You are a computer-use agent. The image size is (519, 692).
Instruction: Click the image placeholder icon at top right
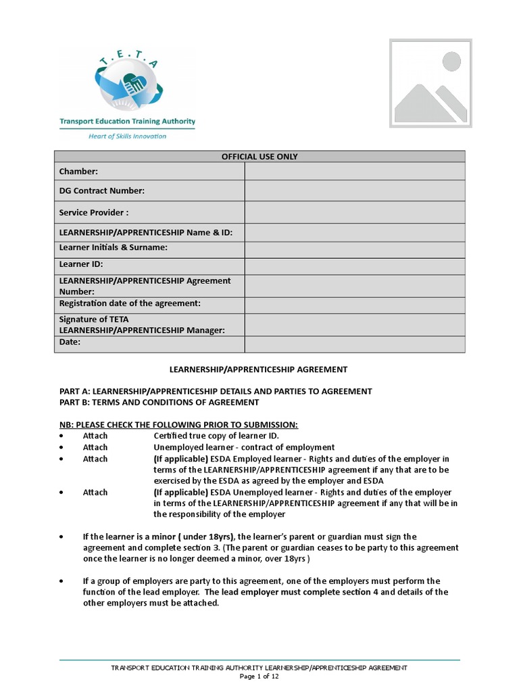coord(430,83)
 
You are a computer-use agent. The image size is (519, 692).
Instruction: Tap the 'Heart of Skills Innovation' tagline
coord(127,136)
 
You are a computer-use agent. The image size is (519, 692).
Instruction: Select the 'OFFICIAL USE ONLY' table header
coord(259,157)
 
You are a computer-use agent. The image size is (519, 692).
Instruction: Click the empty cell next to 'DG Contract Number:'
coord(354,191)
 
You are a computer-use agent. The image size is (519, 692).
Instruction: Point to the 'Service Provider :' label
coord(94,212)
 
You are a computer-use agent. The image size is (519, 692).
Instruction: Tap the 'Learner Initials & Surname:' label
coord(114,248)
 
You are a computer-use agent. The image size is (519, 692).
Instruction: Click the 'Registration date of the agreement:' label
coord(130,303)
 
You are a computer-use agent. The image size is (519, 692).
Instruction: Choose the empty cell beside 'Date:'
coord(354,344)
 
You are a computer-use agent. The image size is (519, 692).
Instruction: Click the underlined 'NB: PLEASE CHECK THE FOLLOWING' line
coord(178,424)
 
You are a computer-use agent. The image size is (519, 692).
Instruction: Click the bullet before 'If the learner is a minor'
coord(62,537)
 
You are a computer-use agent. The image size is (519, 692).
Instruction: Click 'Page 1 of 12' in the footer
coord(259,676)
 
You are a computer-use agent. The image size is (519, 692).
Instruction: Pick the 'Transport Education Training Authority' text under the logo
coord(127,122)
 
